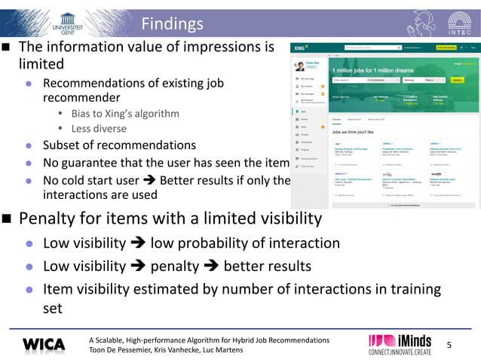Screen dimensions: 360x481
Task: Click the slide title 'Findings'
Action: (x=173, y=23)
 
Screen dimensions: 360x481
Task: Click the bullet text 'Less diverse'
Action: (x=99, y=128)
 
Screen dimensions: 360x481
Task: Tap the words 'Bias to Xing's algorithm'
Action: (x=125, y=113)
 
